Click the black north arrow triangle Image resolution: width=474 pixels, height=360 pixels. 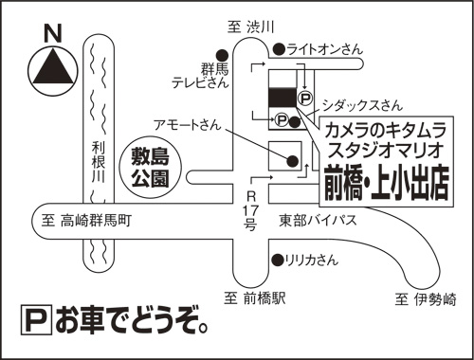pos(53,67)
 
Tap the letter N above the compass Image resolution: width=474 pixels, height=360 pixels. pos(53,33)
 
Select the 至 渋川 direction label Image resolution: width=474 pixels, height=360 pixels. pos(250,27)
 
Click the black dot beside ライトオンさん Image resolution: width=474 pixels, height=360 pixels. pos(279,49)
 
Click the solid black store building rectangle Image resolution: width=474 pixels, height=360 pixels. pos(283,97)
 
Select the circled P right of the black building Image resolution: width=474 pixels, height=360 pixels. pos(305,99)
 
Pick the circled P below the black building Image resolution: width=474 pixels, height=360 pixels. pos(282,120)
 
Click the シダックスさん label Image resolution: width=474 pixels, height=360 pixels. pos(362,105)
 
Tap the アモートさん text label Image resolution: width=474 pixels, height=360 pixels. pos(188,125)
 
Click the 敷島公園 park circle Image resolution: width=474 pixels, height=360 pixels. pos(151,168)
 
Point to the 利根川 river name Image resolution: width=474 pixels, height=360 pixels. pos(99,162)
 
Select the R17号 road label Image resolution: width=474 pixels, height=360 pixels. pos(251,210)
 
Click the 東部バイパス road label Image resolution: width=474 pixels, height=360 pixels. pos(318,220)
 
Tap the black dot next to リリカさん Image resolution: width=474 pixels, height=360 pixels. pos(278,260)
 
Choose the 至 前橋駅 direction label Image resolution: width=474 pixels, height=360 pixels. pos(255,297)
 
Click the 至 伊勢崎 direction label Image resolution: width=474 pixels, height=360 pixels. pos(426,299)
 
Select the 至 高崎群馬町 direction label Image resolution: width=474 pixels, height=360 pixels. pos(86,221)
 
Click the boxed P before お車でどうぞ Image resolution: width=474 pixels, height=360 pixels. pos(36,320)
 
